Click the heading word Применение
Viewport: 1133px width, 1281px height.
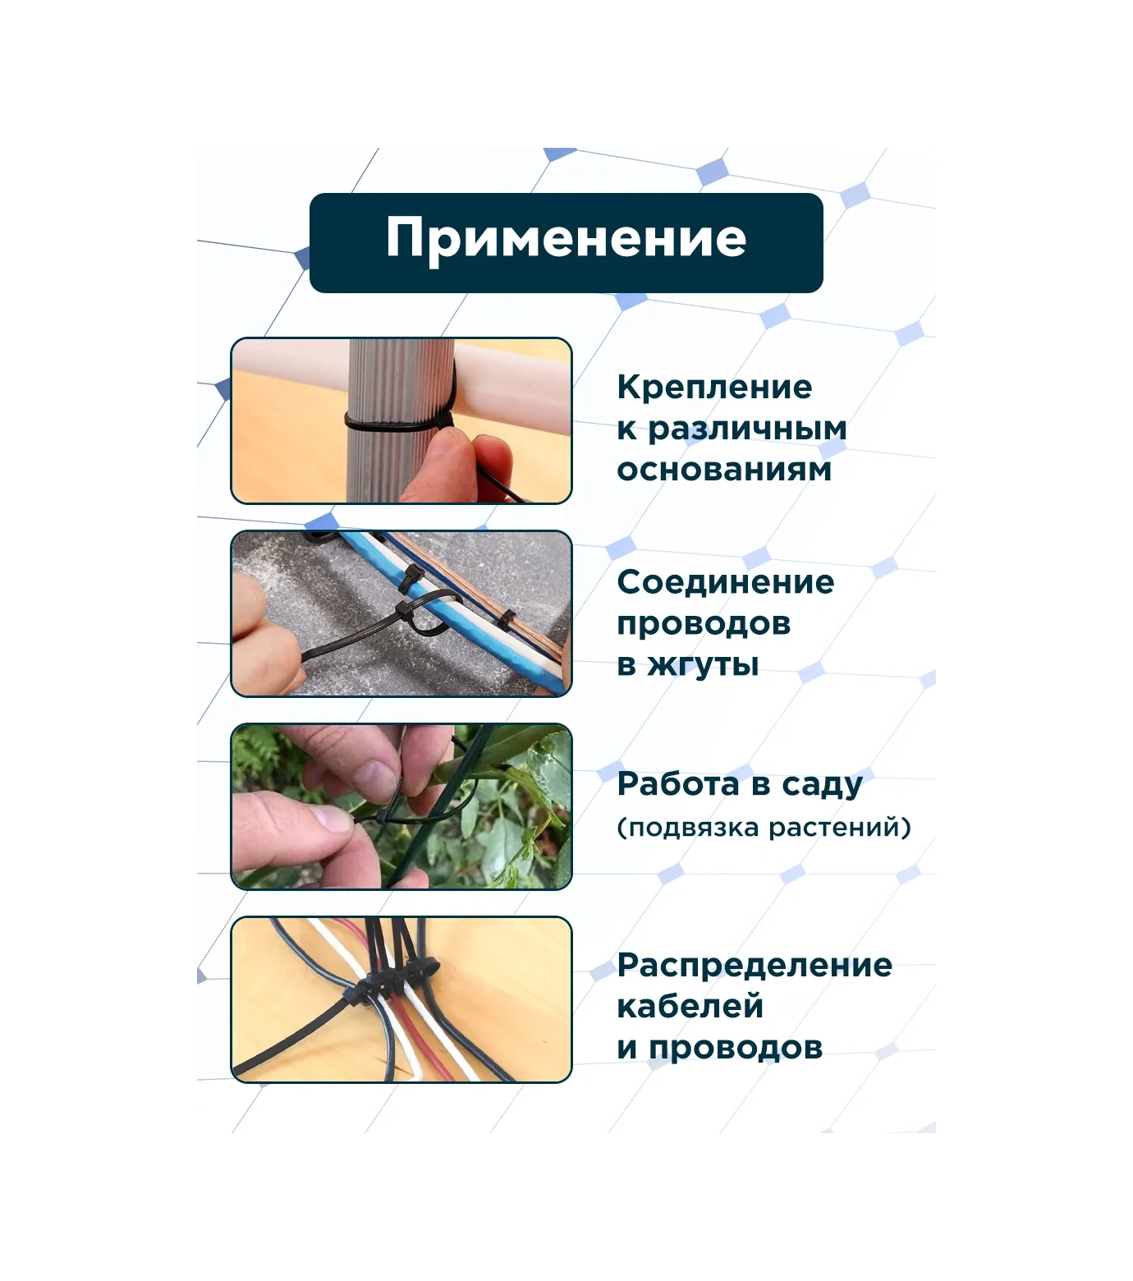click(566, 239)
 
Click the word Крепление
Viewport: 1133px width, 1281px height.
click(714, 387)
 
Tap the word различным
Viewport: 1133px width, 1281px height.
click(747, 429)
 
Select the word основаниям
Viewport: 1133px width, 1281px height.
click(724, 470)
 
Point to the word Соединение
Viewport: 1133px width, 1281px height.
click(726, 582)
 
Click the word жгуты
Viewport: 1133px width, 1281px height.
click(703, 665)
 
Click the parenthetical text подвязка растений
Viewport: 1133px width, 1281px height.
click(764, 827)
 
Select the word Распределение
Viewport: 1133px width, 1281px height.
click(755, 966)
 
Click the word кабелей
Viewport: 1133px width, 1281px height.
click(690, 1006)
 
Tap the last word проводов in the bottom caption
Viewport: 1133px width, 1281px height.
click(735, 1049)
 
